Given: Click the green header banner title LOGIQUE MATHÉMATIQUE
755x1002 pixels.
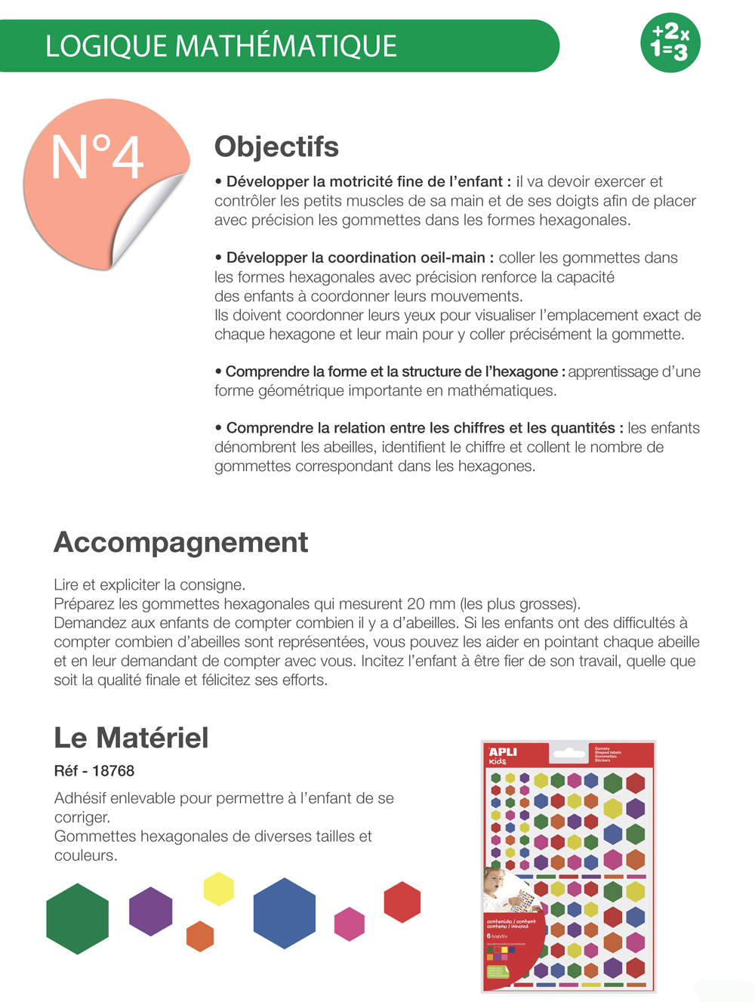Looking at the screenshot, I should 220,46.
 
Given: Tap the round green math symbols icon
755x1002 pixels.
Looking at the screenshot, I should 670,42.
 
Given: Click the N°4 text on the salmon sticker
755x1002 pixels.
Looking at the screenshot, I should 97,157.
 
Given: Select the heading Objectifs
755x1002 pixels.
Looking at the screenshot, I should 276,146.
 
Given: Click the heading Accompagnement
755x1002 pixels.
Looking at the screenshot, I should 180,542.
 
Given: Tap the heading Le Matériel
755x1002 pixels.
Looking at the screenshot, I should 131,738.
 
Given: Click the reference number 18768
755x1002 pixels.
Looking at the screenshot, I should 113,771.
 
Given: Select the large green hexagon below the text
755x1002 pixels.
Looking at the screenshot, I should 78,918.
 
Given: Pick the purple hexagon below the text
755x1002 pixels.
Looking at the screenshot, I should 151,911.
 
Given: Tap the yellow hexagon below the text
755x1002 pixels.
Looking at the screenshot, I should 219,889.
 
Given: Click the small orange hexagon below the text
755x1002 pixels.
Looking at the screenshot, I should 200,936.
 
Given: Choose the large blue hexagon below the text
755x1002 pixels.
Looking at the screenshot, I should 284,913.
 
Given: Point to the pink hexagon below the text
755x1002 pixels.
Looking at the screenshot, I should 350,923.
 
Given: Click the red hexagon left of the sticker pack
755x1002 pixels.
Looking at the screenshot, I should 402,902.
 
